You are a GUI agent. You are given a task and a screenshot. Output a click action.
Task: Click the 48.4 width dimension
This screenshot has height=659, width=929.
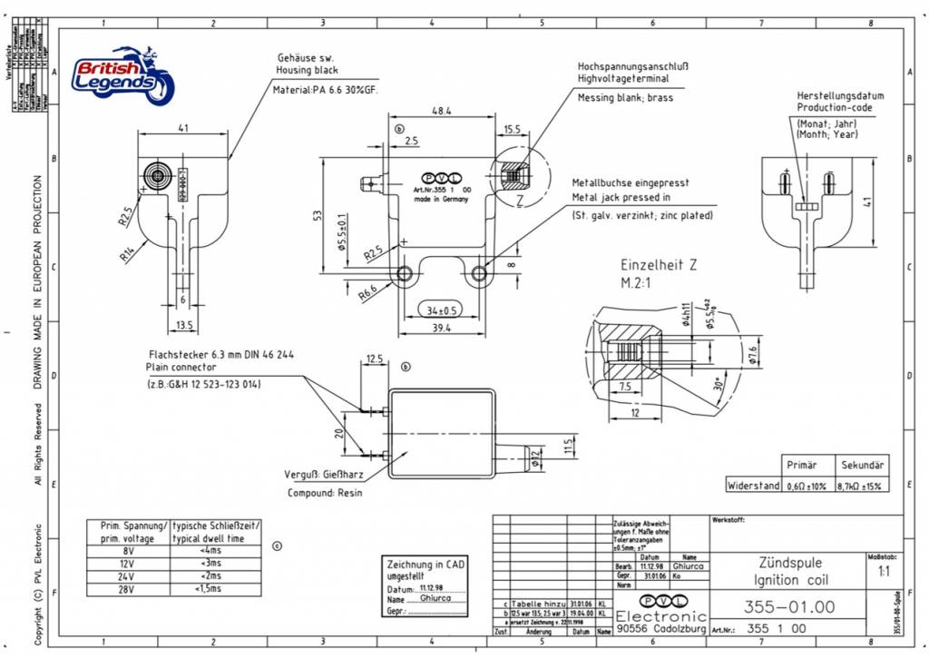pyautogui.click(x=442, y=110)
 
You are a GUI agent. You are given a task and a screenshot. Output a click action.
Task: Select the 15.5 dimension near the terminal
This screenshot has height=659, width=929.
pyautogui.click(x=512, y=131)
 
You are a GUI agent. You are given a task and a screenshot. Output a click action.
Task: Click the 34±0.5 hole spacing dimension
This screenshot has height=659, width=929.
pyautogui.click(x=443, y=310)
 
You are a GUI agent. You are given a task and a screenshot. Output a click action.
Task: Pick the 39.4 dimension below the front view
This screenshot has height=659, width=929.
pyautogui.click(x=442, y=328)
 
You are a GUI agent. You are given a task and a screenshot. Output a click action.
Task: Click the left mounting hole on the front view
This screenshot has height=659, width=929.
pyautogui.click(x=405, y=272)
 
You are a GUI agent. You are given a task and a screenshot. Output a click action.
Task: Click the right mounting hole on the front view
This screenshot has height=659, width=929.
pyautogui.click(x=479, y=272)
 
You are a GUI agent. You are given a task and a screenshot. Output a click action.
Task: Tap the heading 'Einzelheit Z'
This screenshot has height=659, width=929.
pyautogui.click(x=659, y=265)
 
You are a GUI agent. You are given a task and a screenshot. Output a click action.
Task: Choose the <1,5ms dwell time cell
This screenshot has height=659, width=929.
pyautogui.click(x=209, y=588)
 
